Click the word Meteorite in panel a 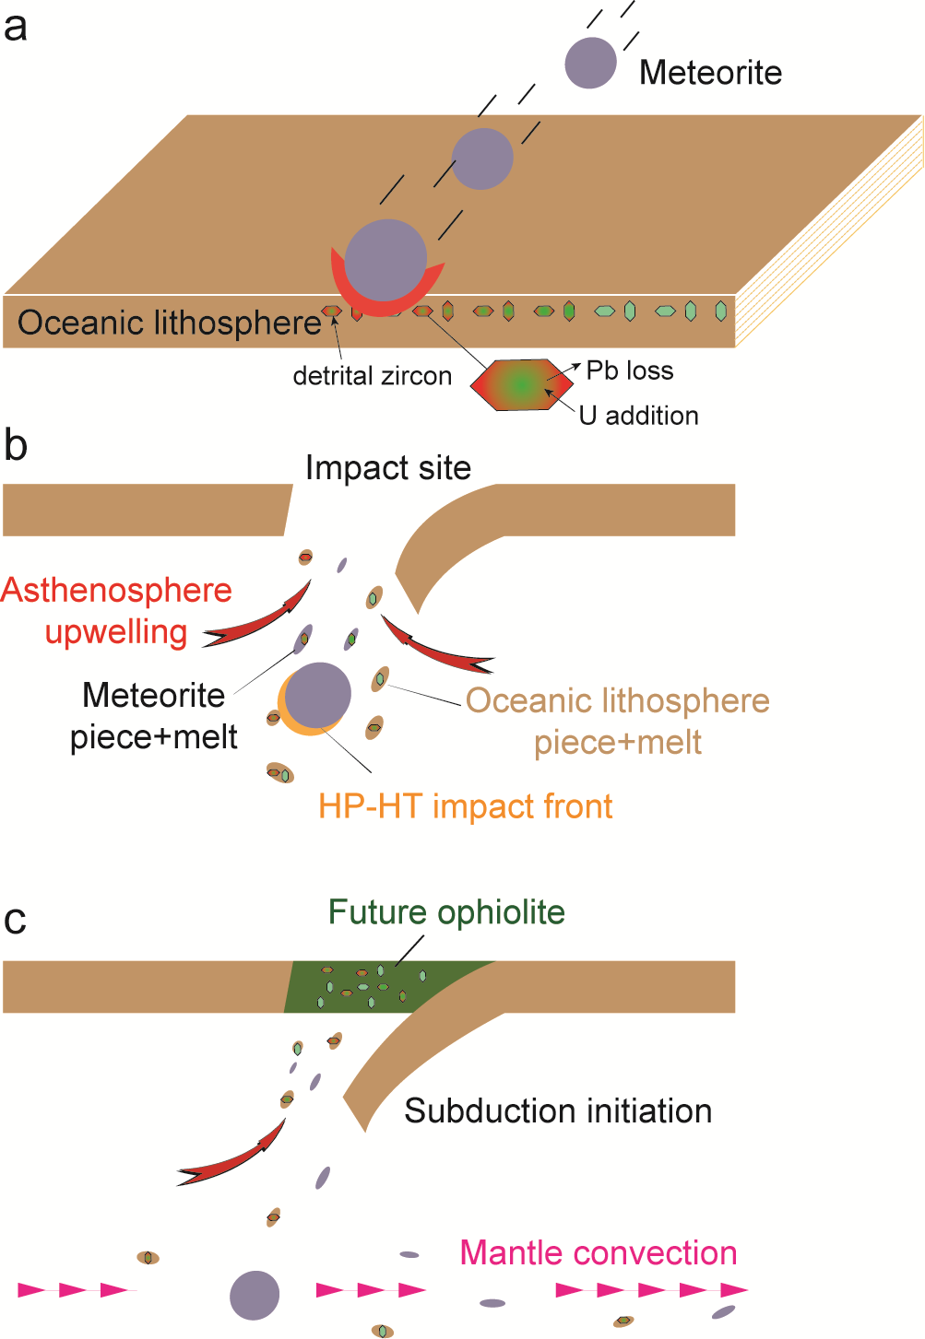click(x=710, y=73)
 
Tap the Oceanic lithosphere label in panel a click(x=169, y=323)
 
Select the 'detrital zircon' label click(x=372, y=376)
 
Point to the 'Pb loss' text click(x=630, y=370)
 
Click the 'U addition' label click(x=638, y=416)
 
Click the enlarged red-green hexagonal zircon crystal click(x=521, y=384)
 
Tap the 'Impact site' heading click(x=388, y=468)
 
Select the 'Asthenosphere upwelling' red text click(x=117, y=611)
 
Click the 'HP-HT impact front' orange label click(x=465, y=806)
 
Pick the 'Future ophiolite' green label click(x=446, y=912)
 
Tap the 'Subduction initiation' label click(x=558, y=1111)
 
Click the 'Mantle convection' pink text click(x=599, y=1253)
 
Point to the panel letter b click(x=16, y=445)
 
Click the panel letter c click(x=16, y=920)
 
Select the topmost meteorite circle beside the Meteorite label click(x=590, y=63)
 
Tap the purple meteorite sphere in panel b click(x=318, y=695)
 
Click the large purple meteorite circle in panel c click(x=255, y=1295)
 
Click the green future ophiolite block click(x=369, y=987)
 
